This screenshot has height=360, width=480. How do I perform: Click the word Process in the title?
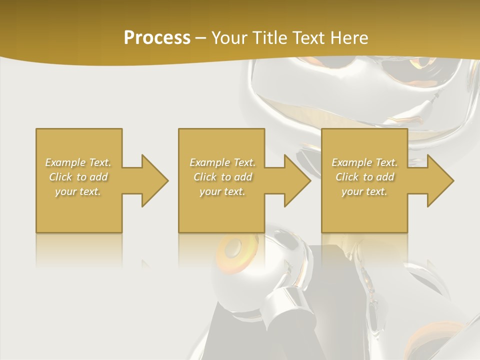[x=157, y=38]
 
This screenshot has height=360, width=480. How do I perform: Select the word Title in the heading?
[x=268, y=38]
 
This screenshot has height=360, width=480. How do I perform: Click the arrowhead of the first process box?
[x=155, y=180]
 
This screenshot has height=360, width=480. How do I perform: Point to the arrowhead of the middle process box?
[x=298, y=180]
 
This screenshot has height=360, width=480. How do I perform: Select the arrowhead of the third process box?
[x=440, y=180]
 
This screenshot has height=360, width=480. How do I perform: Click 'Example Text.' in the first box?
[x=78, y=162]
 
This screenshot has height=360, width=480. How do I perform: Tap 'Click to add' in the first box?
[x=78, y=177]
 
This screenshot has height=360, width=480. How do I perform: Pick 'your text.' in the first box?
[x=78, y=191]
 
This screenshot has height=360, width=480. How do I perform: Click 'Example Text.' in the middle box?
[x=222, y=162]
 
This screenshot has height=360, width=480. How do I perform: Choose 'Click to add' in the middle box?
[x=222, y=177]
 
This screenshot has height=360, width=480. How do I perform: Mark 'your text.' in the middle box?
[x=222, y=191]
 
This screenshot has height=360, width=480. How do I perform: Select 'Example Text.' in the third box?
[x=364, y=162]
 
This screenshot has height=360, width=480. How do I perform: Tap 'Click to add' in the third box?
[x=364, y=177]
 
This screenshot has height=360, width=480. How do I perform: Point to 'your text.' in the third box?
[x=364, y=191]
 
